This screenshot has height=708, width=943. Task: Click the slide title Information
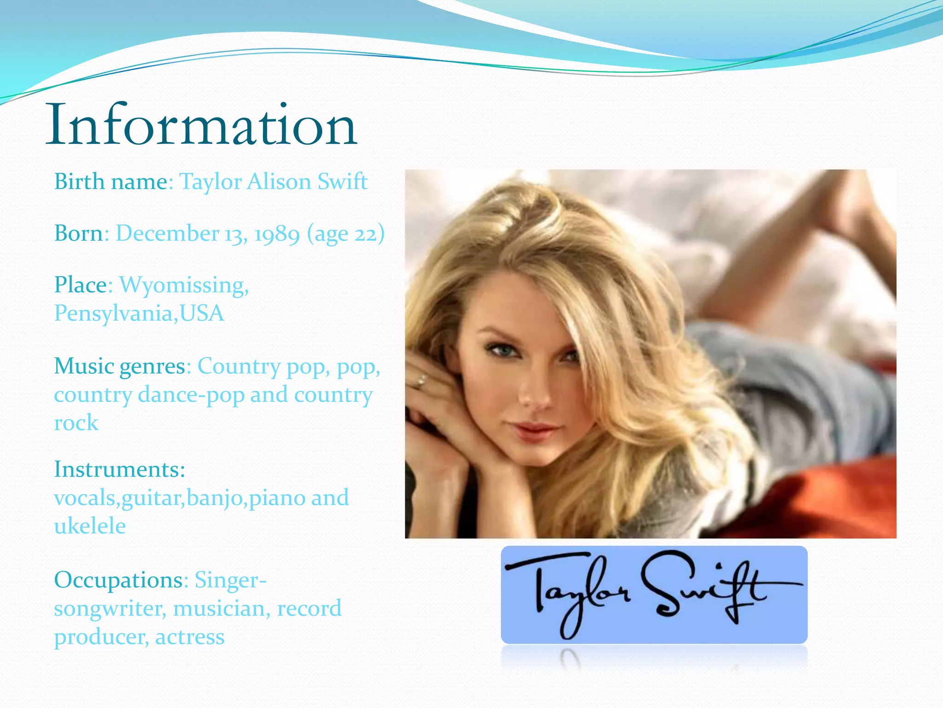click(201, 125)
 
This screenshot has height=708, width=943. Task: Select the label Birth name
click(111, 182)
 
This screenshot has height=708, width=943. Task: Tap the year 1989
click(277, 234)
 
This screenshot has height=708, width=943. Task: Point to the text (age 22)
click(346, 234)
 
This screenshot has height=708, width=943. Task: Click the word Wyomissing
click(184, 285)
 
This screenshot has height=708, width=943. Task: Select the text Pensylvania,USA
click(139, 313)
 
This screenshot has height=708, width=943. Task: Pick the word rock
click(76, 423)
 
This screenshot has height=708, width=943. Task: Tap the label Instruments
click(119, 469)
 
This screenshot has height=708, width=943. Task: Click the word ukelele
click(90, 526)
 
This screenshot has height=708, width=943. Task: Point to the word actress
click(190, 637)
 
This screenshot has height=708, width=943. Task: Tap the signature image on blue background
click(654, 595)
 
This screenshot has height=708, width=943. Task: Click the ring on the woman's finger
click(421, 381)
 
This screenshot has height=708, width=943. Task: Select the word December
click(167, 234)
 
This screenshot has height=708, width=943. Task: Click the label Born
click(79, 234)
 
